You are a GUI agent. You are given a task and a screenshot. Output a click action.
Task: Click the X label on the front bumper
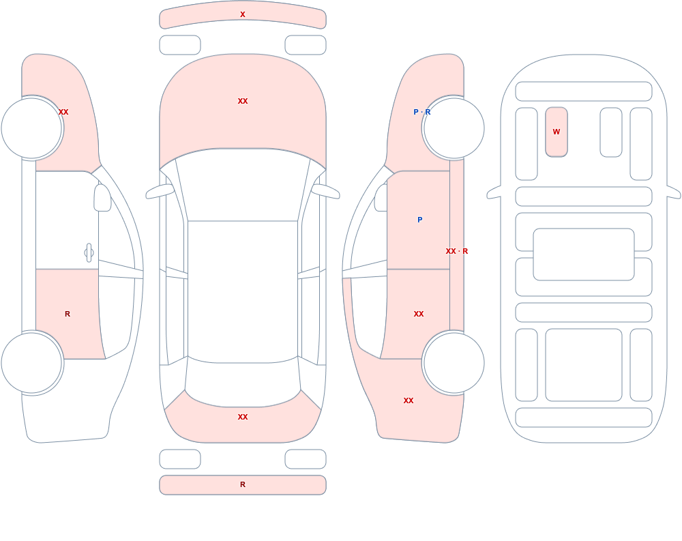243,14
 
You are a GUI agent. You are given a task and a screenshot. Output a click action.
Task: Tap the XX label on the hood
243,101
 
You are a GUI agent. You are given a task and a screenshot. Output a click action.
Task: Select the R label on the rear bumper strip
243,484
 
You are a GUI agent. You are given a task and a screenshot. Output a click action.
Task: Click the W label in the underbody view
557,132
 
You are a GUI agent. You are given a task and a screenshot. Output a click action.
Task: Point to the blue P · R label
422,112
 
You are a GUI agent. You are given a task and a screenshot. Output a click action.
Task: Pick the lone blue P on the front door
419,220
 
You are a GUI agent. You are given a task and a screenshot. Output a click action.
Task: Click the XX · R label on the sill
457,251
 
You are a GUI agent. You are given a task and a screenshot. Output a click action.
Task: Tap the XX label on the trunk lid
243,417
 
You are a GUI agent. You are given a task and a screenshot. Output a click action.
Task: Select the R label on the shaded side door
68,314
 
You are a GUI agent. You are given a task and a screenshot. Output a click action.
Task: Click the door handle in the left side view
89,253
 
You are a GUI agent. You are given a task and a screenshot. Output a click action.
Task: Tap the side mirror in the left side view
102,198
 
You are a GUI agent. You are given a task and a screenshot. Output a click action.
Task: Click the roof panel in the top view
243,291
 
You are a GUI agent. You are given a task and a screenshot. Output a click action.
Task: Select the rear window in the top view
243,382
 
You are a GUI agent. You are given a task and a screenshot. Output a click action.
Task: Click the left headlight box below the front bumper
180,45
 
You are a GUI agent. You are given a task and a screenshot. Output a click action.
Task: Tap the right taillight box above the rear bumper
306,459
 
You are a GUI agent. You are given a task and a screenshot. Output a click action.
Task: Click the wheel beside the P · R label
454,128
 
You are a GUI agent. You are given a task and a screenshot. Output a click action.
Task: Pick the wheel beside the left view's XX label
31,128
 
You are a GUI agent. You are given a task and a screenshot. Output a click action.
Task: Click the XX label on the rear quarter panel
409,401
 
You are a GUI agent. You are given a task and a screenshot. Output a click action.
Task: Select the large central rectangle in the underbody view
584,254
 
